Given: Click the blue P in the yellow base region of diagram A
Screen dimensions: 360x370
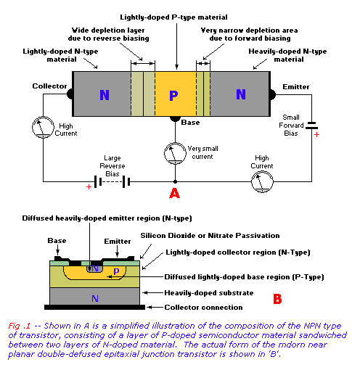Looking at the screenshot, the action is [x=173, y=95].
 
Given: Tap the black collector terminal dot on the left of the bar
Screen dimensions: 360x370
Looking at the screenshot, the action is [x=70, y=94].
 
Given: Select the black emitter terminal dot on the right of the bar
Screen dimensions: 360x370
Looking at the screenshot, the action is [x=272, y=94].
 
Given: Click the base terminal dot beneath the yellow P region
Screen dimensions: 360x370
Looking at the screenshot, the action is [x=175, y=119].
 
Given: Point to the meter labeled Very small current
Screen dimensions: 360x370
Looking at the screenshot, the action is [x=175, y=154].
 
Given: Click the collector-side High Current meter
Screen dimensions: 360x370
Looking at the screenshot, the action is [x=43, y=127].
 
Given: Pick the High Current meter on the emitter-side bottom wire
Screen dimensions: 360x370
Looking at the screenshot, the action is [x=262, y=181].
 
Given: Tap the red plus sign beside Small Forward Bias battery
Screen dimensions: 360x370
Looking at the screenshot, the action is [x=316, y=134].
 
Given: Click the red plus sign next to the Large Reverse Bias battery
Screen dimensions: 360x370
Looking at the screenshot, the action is [x=89, y=186].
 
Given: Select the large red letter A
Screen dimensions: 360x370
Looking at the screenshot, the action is [x=175, y=193].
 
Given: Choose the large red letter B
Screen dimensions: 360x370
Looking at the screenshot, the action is [x=277, y=299].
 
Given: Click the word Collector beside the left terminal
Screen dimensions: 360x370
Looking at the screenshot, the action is [x=49, y=86].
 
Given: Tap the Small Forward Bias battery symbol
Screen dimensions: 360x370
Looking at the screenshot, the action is [x=311, y=125].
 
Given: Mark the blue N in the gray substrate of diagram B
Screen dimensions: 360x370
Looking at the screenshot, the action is [x=95, y=299].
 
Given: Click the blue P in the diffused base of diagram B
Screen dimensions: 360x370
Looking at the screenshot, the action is [x=116, y=271].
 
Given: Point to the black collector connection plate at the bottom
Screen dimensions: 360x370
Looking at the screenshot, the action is [x=94, y=307].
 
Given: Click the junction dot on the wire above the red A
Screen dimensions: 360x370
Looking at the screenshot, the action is [x=175, y=181].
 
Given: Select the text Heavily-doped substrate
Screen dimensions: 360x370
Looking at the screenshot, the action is [x=209, y=293].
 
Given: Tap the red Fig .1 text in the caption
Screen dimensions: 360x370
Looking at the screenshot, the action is [x=20, y=326].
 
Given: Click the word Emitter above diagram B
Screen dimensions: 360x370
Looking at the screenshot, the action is [x=118, y=242].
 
